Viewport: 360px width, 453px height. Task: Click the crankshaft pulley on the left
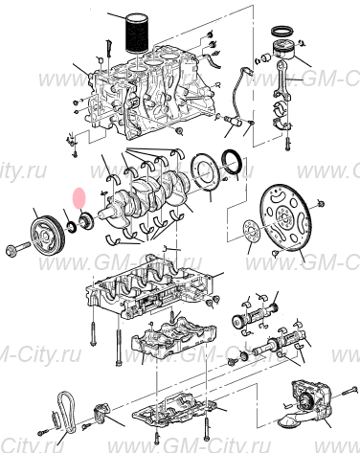click(x=44, y=234)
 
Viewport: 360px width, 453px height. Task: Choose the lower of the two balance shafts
click(x=278, y=345)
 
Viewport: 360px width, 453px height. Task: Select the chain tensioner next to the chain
click(x=101, y=416)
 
